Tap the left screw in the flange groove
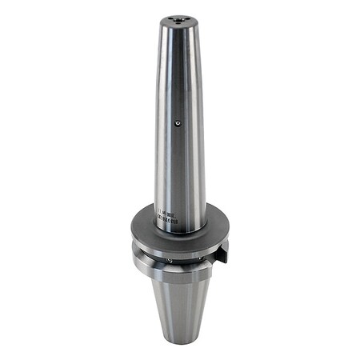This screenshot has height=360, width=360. point(169,261)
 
